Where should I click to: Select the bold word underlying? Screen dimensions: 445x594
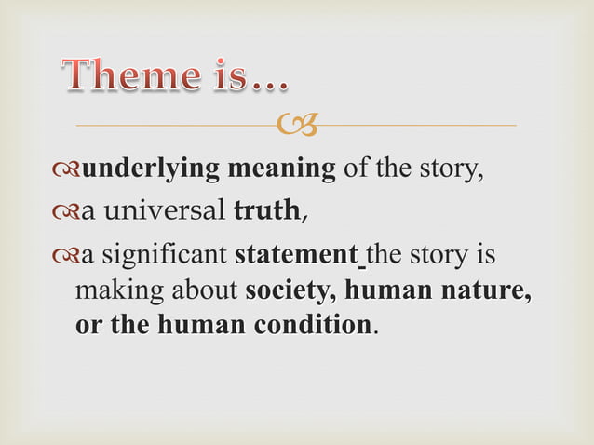point(148,170)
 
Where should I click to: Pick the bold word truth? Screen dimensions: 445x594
point(265,212)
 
